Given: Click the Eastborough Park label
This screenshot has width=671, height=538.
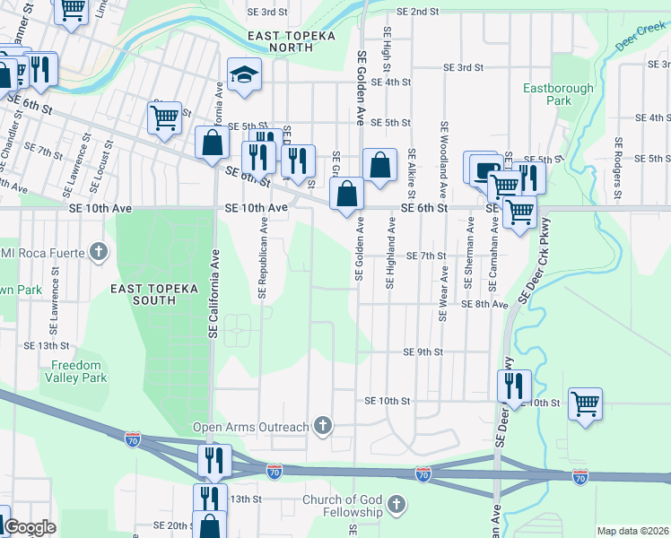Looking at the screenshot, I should tap(559, 95).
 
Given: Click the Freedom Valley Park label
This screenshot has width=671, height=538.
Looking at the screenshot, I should tap(79, 371).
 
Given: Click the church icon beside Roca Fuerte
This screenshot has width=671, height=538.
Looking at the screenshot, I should tap(99, 252).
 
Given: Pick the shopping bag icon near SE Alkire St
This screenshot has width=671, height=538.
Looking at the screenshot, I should tap(379, 166).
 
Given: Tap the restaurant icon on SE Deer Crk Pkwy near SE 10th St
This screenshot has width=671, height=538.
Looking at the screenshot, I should tap(514, 386).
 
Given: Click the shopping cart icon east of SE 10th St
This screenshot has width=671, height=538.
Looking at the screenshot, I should tap(585, 403).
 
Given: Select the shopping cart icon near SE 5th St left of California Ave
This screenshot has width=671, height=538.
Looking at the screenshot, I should tap(164, 117).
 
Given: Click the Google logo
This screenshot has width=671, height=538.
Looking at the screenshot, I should tap(29, 526).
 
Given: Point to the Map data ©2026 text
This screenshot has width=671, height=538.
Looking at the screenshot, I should tap(632, 531).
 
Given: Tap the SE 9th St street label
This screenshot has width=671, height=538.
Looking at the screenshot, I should tap(423, 352).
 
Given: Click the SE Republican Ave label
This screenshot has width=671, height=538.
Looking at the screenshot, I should tap(264, 261).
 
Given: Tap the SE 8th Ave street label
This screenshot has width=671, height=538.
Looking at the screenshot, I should tap(484, 304).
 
